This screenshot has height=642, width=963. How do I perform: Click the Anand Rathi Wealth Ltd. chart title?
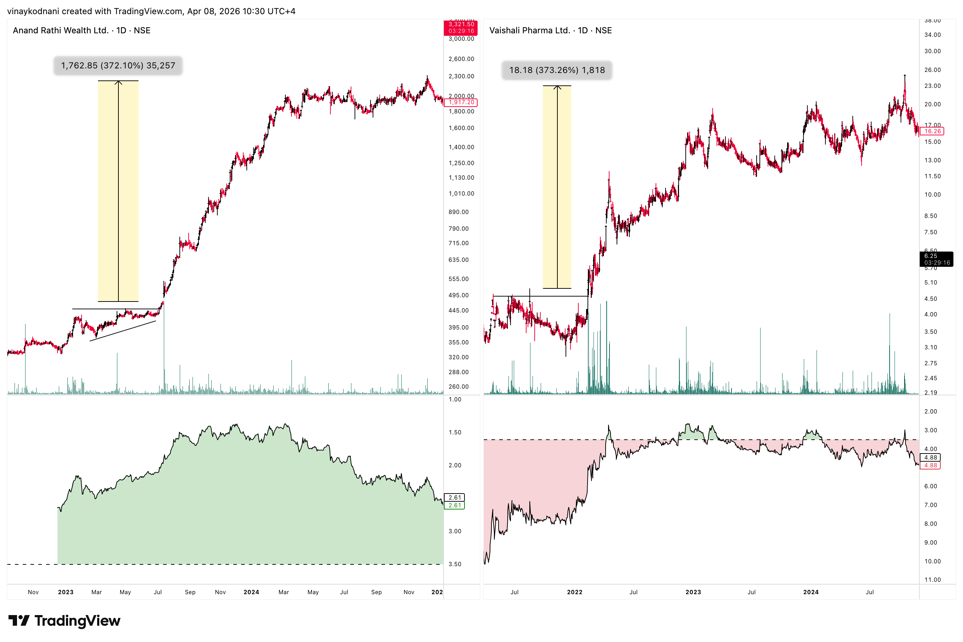click(82, 30)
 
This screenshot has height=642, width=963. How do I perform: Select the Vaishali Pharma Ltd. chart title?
click(550, 30)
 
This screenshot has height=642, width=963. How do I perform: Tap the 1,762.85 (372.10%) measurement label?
click(118, 66)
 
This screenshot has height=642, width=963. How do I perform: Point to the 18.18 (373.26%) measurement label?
click(557, 70)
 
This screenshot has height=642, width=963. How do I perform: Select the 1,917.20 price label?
click(461, 102)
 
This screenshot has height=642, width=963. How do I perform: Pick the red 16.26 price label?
click(932, 131)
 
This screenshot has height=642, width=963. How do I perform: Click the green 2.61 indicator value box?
click(455, 505)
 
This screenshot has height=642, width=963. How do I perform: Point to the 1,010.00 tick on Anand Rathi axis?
click(461, 194)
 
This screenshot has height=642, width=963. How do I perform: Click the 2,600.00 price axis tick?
click(461, 59)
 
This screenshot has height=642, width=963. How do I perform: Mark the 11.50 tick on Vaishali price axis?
click(932, 176)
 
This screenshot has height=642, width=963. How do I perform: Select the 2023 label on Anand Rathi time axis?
click(66, 592)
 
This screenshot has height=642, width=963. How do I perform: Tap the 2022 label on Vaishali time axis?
click(574, 592)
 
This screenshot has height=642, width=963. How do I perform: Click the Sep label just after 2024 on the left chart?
click(376, 592)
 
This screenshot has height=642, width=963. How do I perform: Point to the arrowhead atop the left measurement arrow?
click(118, 82)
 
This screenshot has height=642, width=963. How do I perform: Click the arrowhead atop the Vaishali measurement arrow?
click(557, 87)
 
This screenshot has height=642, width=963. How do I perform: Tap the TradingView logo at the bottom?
click(64, 621)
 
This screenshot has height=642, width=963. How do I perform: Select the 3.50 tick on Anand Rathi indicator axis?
click(455, 564)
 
